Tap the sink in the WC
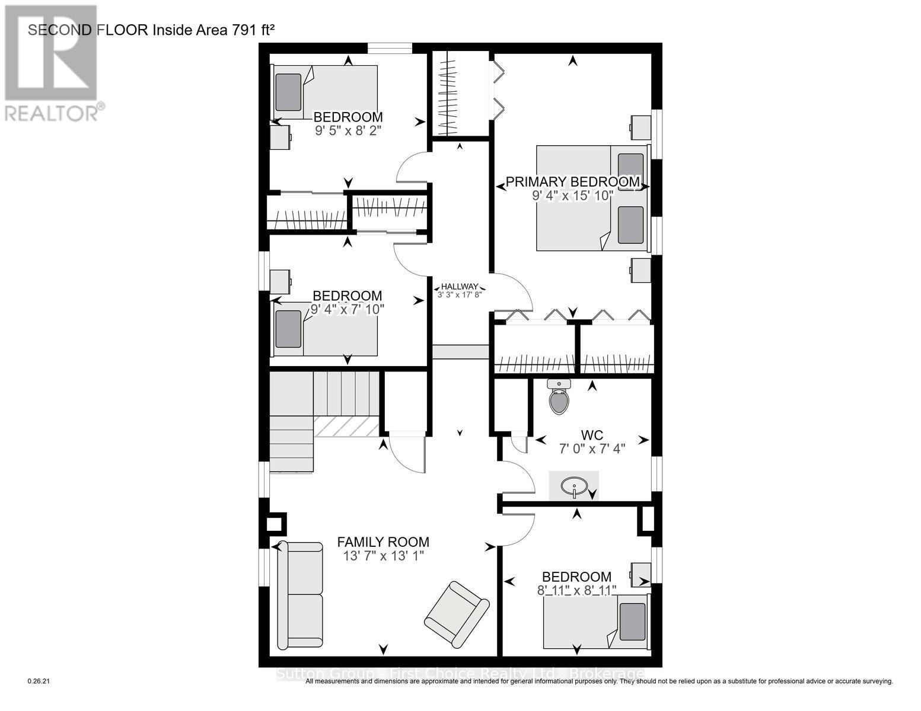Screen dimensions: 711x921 (x=573, y=486)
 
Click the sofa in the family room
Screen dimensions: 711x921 (x=299, y=594)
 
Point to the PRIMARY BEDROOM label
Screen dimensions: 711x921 (x=572, y=182)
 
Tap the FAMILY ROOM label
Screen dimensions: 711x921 (x=383, y=542)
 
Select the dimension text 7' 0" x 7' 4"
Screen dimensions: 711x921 (x=592, y=449)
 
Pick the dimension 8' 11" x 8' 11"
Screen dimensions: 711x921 (x=576, y=590)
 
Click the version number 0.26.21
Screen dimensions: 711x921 (x=40, y=682)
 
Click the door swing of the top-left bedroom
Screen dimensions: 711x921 (x=412, y=168)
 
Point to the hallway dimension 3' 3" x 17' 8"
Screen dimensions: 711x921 (x=459, y=293)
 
